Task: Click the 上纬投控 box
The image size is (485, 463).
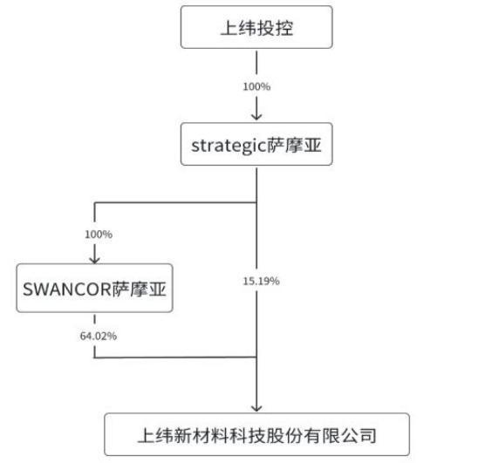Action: click(256, 28)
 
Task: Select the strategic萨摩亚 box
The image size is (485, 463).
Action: click(256, 145)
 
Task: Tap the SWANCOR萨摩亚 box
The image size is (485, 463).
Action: click(93, 290)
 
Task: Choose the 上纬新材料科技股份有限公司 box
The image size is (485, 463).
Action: click(256, 433)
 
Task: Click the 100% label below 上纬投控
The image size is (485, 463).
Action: click(256, 88)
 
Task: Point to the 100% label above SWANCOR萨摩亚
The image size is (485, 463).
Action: click(99, 235)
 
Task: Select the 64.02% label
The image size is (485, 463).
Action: click(99, 336)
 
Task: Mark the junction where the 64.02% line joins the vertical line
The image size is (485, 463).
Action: click(256, 357)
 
